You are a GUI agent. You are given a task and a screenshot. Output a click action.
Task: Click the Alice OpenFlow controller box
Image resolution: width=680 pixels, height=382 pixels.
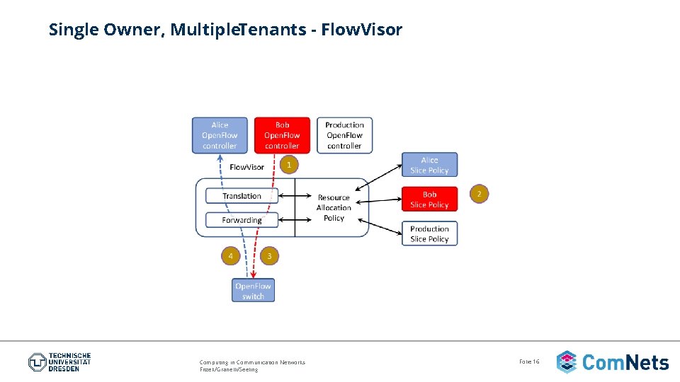click(220, 135)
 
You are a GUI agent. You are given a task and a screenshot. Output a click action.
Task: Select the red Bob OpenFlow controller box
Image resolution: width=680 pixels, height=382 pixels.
click(282, 135)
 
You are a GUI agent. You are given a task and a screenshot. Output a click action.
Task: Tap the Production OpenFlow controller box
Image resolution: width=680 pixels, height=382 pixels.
click(344, 135)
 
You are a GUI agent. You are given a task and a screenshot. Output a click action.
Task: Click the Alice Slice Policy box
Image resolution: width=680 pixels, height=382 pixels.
click(429, 165)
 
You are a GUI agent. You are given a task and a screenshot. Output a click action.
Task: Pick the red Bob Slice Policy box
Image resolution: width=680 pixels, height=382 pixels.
click(429, 199)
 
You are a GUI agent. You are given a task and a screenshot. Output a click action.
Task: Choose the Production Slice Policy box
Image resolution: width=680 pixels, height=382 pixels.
click(429, 233)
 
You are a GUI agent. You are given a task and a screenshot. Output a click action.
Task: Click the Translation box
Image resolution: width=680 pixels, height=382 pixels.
click(242, 196)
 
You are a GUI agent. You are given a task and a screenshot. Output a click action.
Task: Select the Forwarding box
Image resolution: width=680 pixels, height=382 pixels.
click(242, 220)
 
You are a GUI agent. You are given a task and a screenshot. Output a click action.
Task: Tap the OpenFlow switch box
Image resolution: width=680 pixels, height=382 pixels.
click(253, 291)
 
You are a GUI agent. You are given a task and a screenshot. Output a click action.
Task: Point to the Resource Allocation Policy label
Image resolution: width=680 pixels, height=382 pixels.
click(334, 207)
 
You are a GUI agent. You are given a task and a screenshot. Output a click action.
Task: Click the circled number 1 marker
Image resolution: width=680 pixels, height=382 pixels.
click(288, 165)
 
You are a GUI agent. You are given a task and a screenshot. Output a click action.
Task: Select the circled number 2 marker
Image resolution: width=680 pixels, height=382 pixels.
click(479, 193)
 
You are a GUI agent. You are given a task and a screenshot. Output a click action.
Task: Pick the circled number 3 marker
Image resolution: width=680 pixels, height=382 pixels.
click(268, 255)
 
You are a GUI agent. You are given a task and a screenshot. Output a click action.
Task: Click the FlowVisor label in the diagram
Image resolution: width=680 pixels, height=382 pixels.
click(246, 168)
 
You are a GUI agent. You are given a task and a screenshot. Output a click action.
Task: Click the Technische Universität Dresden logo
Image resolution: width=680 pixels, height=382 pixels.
click(59, 362)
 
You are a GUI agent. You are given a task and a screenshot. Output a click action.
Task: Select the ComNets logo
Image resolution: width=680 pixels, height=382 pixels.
click(612, 362)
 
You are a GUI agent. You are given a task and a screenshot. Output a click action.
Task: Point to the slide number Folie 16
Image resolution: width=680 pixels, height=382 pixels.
click(529, 361)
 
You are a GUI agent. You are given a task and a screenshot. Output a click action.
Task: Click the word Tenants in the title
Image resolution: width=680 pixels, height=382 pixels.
click(276, 30)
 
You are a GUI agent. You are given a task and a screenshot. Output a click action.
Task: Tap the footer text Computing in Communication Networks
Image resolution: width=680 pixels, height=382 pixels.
click(252, 362)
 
